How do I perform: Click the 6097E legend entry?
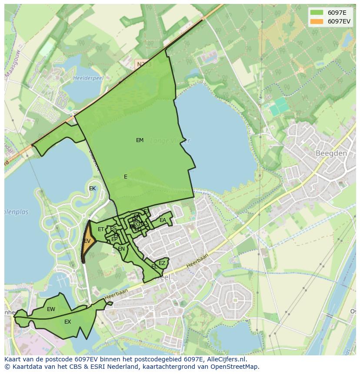tap(330, 13)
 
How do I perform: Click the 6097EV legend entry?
tap(330, 22)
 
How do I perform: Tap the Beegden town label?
tap(331, 153)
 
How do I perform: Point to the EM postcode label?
tap(140, 140)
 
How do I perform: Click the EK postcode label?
tap(92, 189)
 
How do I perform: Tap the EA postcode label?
tap(163, 220)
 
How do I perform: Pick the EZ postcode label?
tap(162, 263)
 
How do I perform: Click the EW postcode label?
tap(51, 309)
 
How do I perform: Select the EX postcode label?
tap(67, 322)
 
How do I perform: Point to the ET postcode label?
tap(101, 229)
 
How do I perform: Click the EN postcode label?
tap(121, 249)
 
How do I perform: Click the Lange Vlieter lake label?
tap(170, 141)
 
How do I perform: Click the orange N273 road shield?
tap(143, 64)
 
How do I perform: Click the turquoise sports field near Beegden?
tap(279, 106)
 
